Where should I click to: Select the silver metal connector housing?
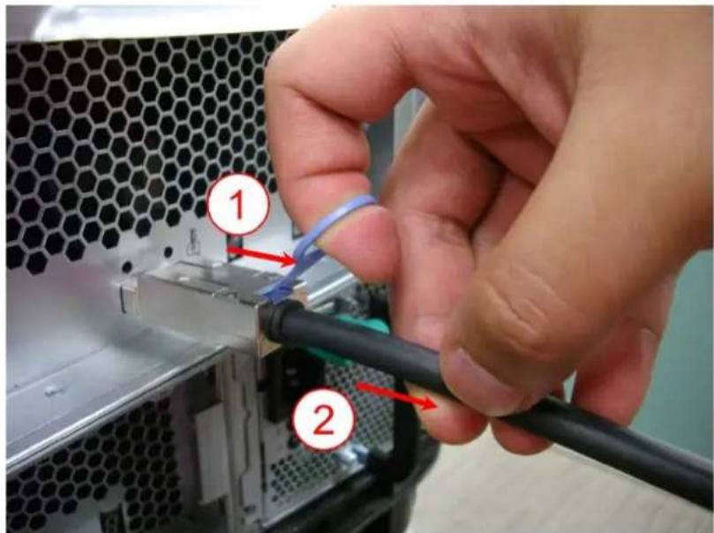click(194, 300)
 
